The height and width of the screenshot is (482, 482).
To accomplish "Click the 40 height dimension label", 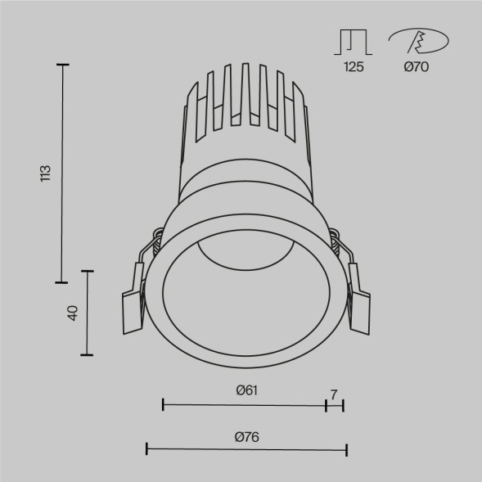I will click(72, 312).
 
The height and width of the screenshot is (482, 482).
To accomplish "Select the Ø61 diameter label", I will click(246, 390).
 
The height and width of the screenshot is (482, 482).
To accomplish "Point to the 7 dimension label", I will click(334, 394).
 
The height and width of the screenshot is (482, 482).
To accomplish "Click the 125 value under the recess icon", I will click(354, 68).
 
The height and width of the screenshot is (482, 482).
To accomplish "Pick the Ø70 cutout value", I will click(416, 68).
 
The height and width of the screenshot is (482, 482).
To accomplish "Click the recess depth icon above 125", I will click(354, 42).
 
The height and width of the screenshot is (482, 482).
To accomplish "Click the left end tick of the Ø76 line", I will click(146, 448).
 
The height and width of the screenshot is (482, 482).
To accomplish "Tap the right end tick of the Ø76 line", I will click(347, 448).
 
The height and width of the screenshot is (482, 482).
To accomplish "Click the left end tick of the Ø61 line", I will click(164, 404).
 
